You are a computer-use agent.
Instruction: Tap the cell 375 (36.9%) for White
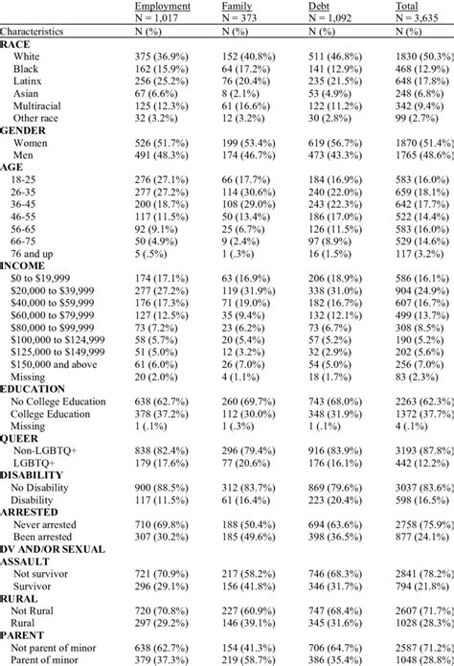click(163, 57)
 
